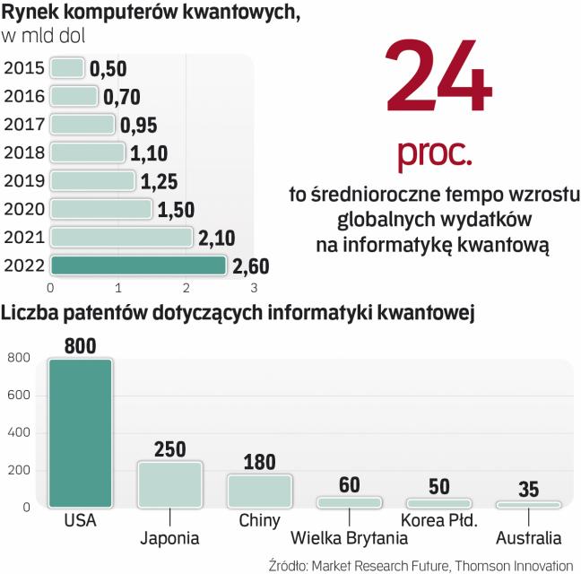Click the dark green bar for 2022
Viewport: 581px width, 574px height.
pyautogui.click(x=138, y=265)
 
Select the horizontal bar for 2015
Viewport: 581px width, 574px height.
pyautogui.click(x=67, y=68)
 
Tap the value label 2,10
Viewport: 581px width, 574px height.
pyautogui.click(x=217, y=238)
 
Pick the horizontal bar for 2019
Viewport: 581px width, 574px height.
pyautogui.click(x=92, y=180)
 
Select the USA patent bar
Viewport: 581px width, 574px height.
pyautogui.click(x=80, y=432)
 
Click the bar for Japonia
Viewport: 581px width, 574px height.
pyautogui.click(x=169, y=484)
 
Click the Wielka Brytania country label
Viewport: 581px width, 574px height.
pyautogui.click(x=350, y=538)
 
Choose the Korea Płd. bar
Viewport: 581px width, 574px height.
pyautogui.click(x=438, y=503)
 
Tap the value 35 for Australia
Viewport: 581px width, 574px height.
pyautogui.click(x=528, y=490)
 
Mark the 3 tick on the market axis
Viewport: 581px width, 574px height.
pyautogui.click(x=254, y=288)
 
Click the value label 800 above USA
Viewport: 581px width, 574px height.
pyautogui.click(x=80, y=344)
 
